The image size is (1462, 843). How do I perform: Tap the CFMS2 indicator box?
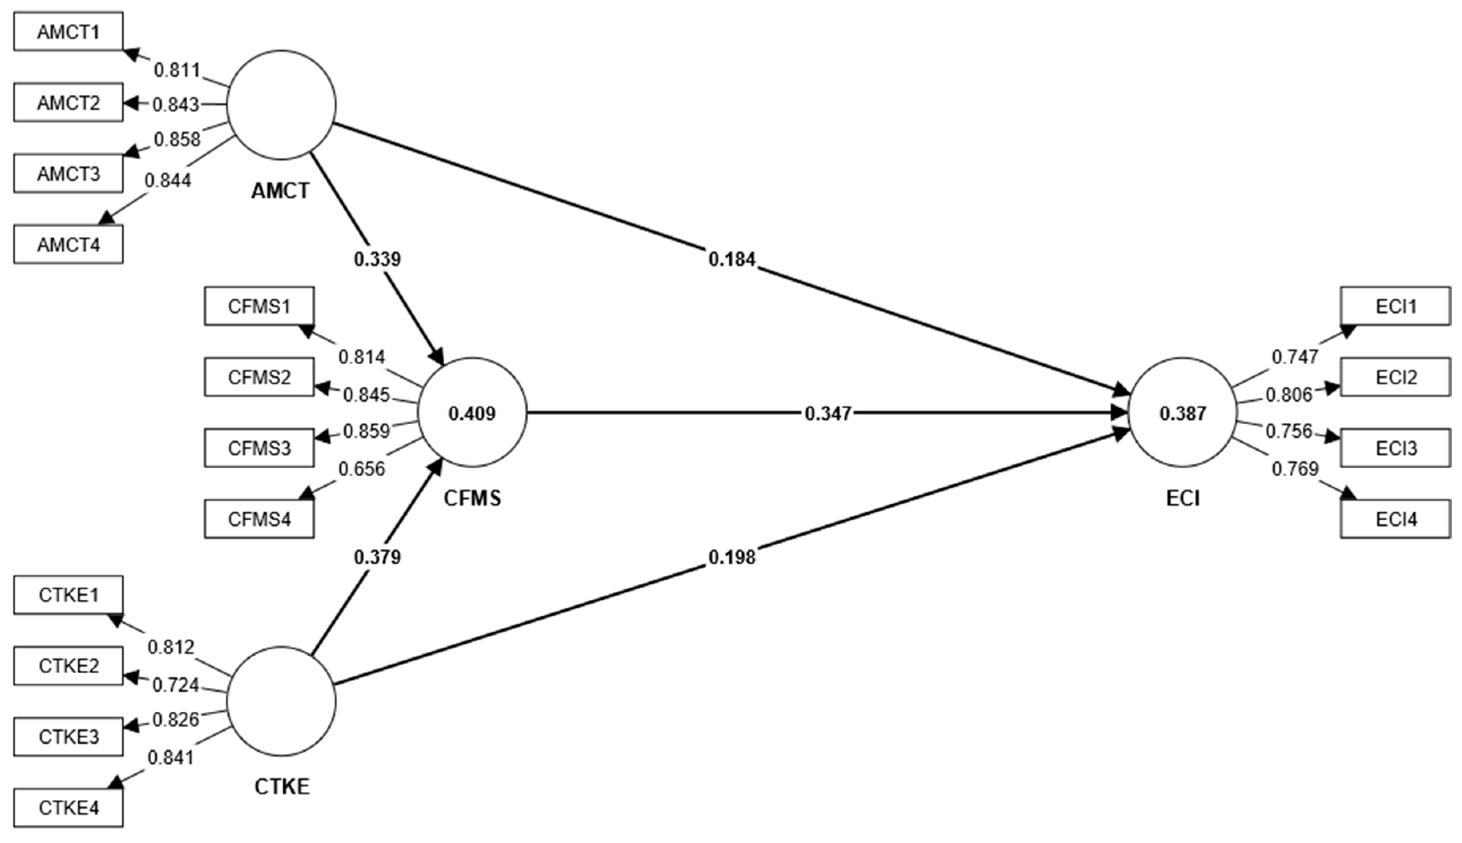(259, 377)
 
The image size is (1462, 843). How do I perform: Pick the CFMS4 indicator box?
(259, 519)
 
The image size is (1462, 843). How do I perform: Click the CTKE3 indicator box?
(68, 737)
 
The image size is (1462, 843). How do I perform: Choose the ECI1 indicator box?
(1396, 306)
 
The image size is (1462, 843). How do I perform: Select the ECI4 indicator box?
(1396, 519)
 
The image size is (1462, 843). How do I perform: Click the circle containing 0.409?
(472, 413)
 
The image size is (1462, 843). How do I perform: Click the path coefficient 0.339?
(377, 259)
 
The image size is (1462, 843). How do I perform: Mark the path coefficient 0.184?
(732, 259)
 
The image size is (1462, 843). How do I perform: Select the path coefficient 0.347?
(828, 413)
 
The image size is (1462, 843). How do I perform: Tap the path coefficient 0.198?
(732, 557)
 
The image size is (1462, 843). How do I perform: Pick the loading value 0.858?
(177, 139)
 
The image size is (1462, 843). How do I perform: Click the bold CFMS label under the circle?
(472, 498)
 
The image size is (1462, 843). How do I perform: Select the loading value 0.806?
(1289, 395)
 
